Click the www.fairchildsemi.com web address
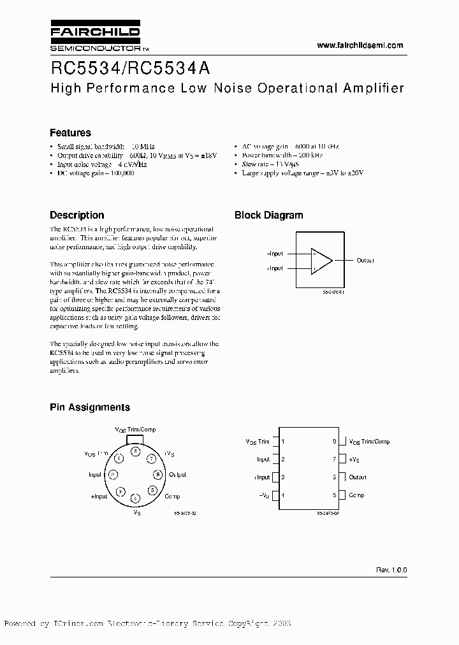pyautogui.click(x=360, y=45)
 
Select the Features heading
pyautogui.click(x=70, y=133)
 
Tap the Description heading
pyautogui.click(x=76, y=215)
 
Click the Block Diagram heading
pyautogui.click(x=268, y=215)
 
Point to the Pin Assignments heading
pyautogui.click(x=90, y=407)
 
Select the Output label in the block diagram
pyautogui.click(x=365, y=260)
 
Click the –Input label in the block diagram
pyautogui.click(x=275, y=254)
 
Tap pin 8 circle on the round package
pyautogui.click(x=135, y=451)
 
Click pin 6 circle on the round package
pyautogui.click(x=157, y=474)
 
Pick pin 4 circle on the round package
pyautogui.click(x=135, y=498)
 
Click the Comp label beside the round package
pyautogui.click(x=172, y=496)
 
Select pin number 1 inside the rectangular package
pyautogui.click(x=283, y=441)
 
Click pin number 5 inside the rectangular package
pyautogui.click(x=334, y=495)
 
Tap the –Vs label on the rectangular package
pyautogui.click(x=263, y=495)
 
